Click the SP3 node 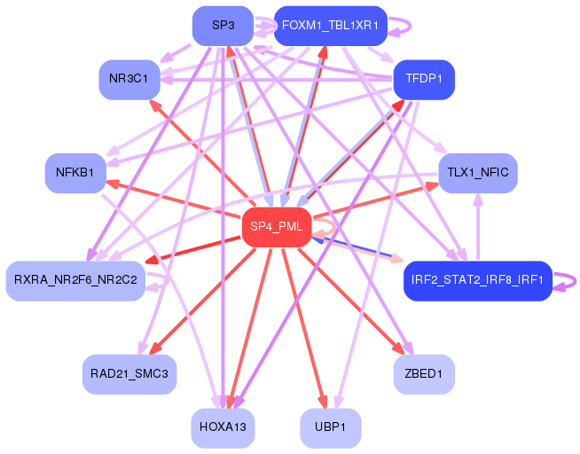(223, 26)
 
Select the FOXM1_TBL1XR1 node (330, 26)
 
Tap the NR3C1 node (129, 80)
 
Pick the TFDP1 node (424, 80)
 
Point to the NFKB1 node (75, 173)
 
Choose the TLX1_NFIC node (478, 173)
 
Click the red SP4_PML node (277, 227)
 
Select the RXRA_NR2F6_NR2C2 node (75, 281)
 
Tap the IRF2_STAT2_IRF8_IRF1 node (478, 281)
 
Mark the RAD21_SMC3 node (129, 374)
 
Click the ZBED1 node (424, 374)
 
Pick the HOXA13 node (223, 428)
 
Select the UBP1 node (330, 428)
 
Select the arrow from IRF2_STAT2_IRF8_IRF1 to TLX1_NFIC (478, 227)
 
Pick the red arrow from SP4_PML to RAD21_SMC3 (202, 301)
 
